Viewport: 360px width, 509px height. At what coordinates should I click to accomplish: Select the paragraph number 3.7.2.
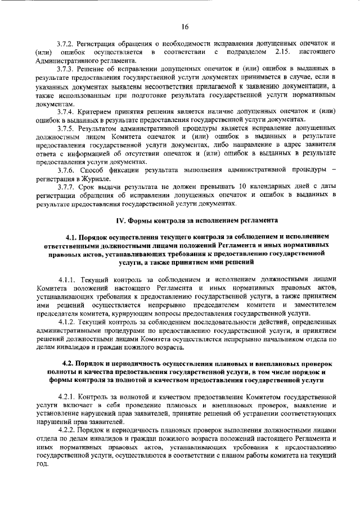coord(67,43)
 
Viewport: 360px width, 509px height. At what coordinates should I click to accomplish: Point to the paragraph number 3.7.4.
coord(67,112)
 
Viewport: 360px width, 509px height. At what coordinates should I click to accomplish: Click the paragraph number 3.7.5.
coord(67,128)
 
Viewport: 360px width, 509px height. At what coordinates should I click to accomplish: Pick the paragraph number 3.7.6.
coord(67,169)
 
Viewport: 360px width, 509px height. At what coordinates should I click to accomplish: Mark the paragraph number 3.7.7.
coord(67,186)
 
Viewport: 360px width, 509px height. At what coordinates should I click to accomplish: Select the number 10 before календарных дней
coord(240,186)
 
